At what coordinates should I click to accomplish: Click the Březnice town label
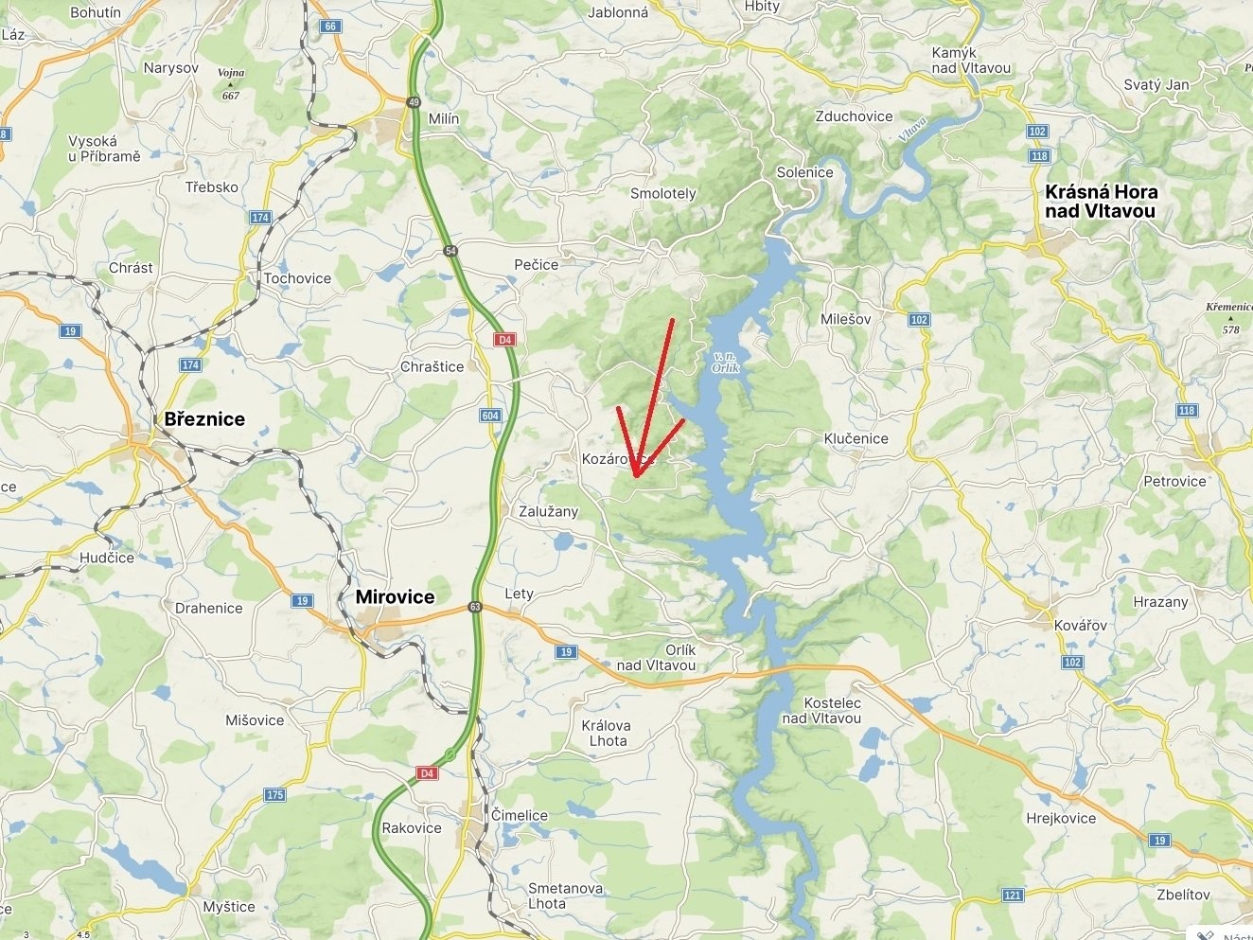(x=204, y=419)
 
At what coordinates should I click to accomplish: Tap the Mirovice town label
(x=395, y=597)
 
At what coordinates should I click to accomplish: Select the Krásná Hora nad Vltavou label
(x=1101, y=202)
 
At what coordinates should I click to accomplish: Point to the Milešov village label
(x=846, y=319)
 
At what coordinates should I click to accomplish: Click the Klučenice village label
(x=856, y=438)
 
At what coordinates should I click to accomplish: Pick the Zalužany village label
(x=548, y=511)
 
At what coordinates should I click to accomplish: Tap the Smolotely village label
(x=662, y=193)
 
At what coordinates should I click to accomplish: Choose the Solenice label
(x=804, y=172)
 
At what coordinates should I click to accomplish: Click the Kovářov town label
(x=1080, y=626)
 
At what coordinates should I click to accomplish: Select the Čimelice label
(x=519, y=815)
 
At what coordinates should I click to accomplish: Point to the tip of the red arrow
(x=636, y=476)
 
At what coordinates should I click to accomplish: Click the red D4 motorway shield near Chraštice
(x=505, y=340)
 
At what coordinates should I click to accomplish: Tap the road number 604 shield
(x=490, y=416)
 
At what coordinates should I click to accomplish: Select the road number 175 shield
(x=274, y=794)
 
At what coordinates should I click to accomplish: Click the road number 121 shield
(x=1013, y=895)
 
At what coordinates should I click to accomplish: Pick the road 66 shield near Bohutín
(x=330, y=27)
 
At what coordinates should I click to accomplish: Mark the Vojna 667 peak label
(x=231, y=83)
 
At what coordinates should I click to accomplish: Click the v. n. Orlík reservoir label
(x=725, y=361)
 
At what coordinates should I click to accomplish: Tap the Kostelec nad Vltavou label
(x=821, y=710)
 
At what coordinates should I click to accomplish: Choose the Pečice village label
(x=536, y=265)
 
